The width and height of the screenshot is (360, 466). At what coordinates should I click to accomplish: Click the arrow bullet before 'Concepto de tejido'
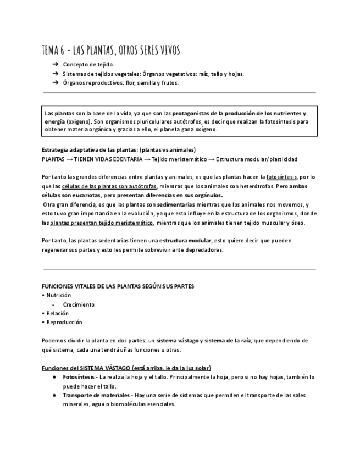pos(56,65)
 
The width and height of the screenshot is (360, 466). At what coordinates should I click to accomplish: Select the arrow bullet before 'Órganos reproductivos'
pos(56,82)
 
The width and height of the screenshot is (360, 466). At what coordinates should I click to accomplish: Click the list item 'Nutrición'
pos(59,295)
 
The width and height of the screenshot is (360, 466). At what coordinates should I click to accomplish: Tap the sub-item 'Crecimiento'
pos(79,304)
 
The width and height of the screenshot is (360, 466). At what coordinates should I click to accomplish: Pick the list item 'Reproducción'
pos(64,322)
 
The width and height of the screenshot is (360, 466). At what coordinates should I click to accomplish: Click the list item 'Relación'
pos(58,313)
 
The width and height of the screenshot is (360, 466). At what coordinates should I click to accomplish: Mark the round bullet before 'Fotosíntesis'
pos(54,377)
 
